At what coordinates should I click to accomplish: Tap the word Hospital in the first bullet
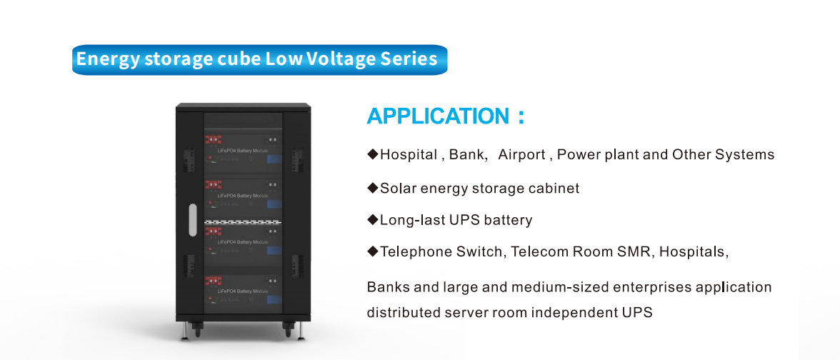408,154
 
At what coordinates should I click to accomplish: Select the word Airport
521,154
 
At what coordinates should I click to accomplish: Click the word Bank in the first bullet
466,154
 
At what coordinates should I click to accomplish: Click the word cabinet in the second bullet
551,189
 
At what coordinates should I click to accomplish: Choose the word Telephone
415,251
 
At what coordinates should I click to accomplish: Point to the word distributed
401,313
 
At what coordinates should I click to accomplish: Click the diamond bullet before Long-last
372,219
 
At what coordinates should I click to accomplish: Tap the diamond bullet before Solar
372,188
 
